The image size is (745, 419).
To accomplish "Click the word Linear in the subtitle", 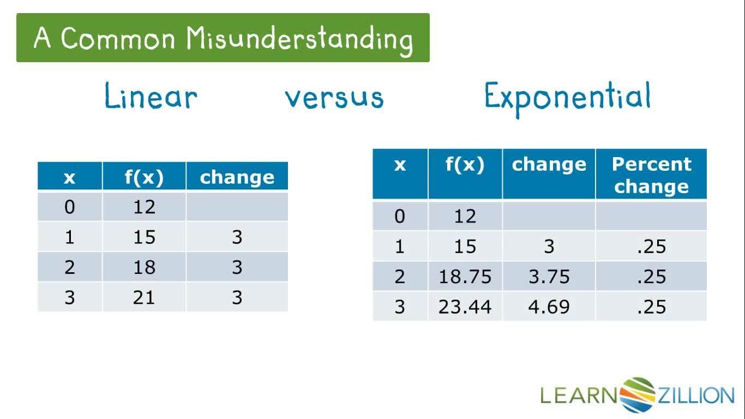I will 151,97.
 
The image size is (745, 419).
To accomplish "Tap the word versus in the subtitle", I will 334,98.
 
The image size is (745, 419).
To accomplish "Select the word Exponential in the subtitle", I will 567,97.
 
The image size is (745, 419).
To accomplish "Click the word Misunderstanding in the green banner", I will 299,39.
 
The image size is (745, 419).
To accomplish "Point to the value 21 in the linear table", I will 144,297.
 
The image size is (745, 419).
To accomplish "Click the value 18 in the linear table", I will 144,267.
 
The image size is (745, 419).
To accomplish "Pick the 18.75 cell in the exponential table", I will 465,277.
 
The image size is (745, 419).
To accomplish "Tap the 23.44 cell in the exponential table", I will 465,307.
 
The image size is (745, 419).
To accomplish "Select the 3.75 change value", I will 549,277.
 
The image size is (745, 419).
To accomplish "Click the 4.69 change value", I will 549,307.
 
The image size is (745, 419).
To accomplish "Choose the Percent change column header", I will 651,175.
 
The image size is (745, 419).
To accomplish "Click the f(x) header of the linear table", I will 144,177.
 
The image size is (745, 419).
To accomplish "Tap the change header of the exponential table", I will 549,165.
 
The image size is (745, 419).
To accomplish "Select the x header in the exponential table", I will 400,165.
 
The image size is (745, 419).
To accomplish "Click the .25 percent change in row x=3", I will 651,307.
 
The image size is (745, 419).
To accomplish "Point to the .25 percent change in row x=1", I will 651,247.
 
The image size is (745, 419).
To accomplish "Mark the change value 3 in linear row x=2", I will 237,267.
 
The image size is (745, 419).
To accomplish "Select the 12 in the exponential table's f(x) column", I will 465,217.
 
